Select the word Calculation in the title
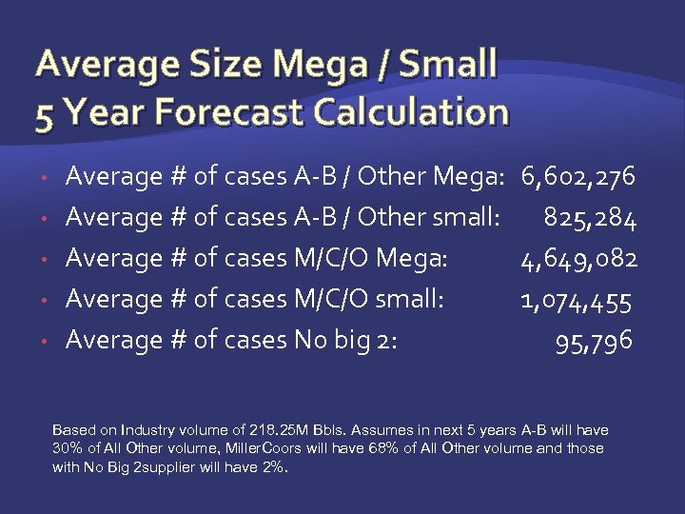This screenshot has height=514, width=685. [x=415, y=113]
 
